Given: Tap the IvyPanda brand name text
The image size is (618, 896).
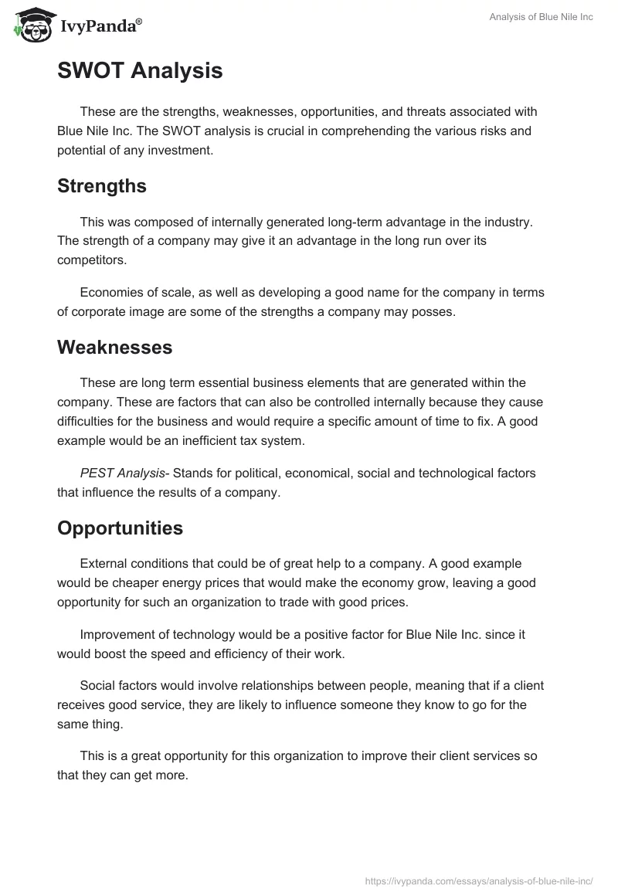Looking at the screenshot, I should [x=99, y=26].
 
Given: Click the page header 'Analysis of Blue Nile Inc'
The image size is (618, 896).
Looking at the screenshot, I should [x=541, y=17].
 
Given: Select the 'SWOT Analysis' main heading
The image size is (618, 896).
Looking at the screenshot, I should [x=140, y=70].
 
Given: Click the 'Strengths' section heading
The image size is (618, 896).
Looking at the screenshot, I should [x=102, y=186].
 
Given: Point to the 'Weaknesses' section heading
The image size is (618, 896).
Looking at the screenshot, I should [x=114, y=347].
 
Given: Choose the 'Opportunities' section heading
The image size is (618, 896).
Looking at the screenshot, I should [x=120, y=528].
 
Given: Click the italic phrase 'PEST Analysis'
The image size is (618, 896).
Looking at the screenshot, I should [x=123, y=473].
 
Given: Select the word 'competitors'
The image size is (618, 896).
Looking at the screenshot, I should [x=90, y=260].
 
